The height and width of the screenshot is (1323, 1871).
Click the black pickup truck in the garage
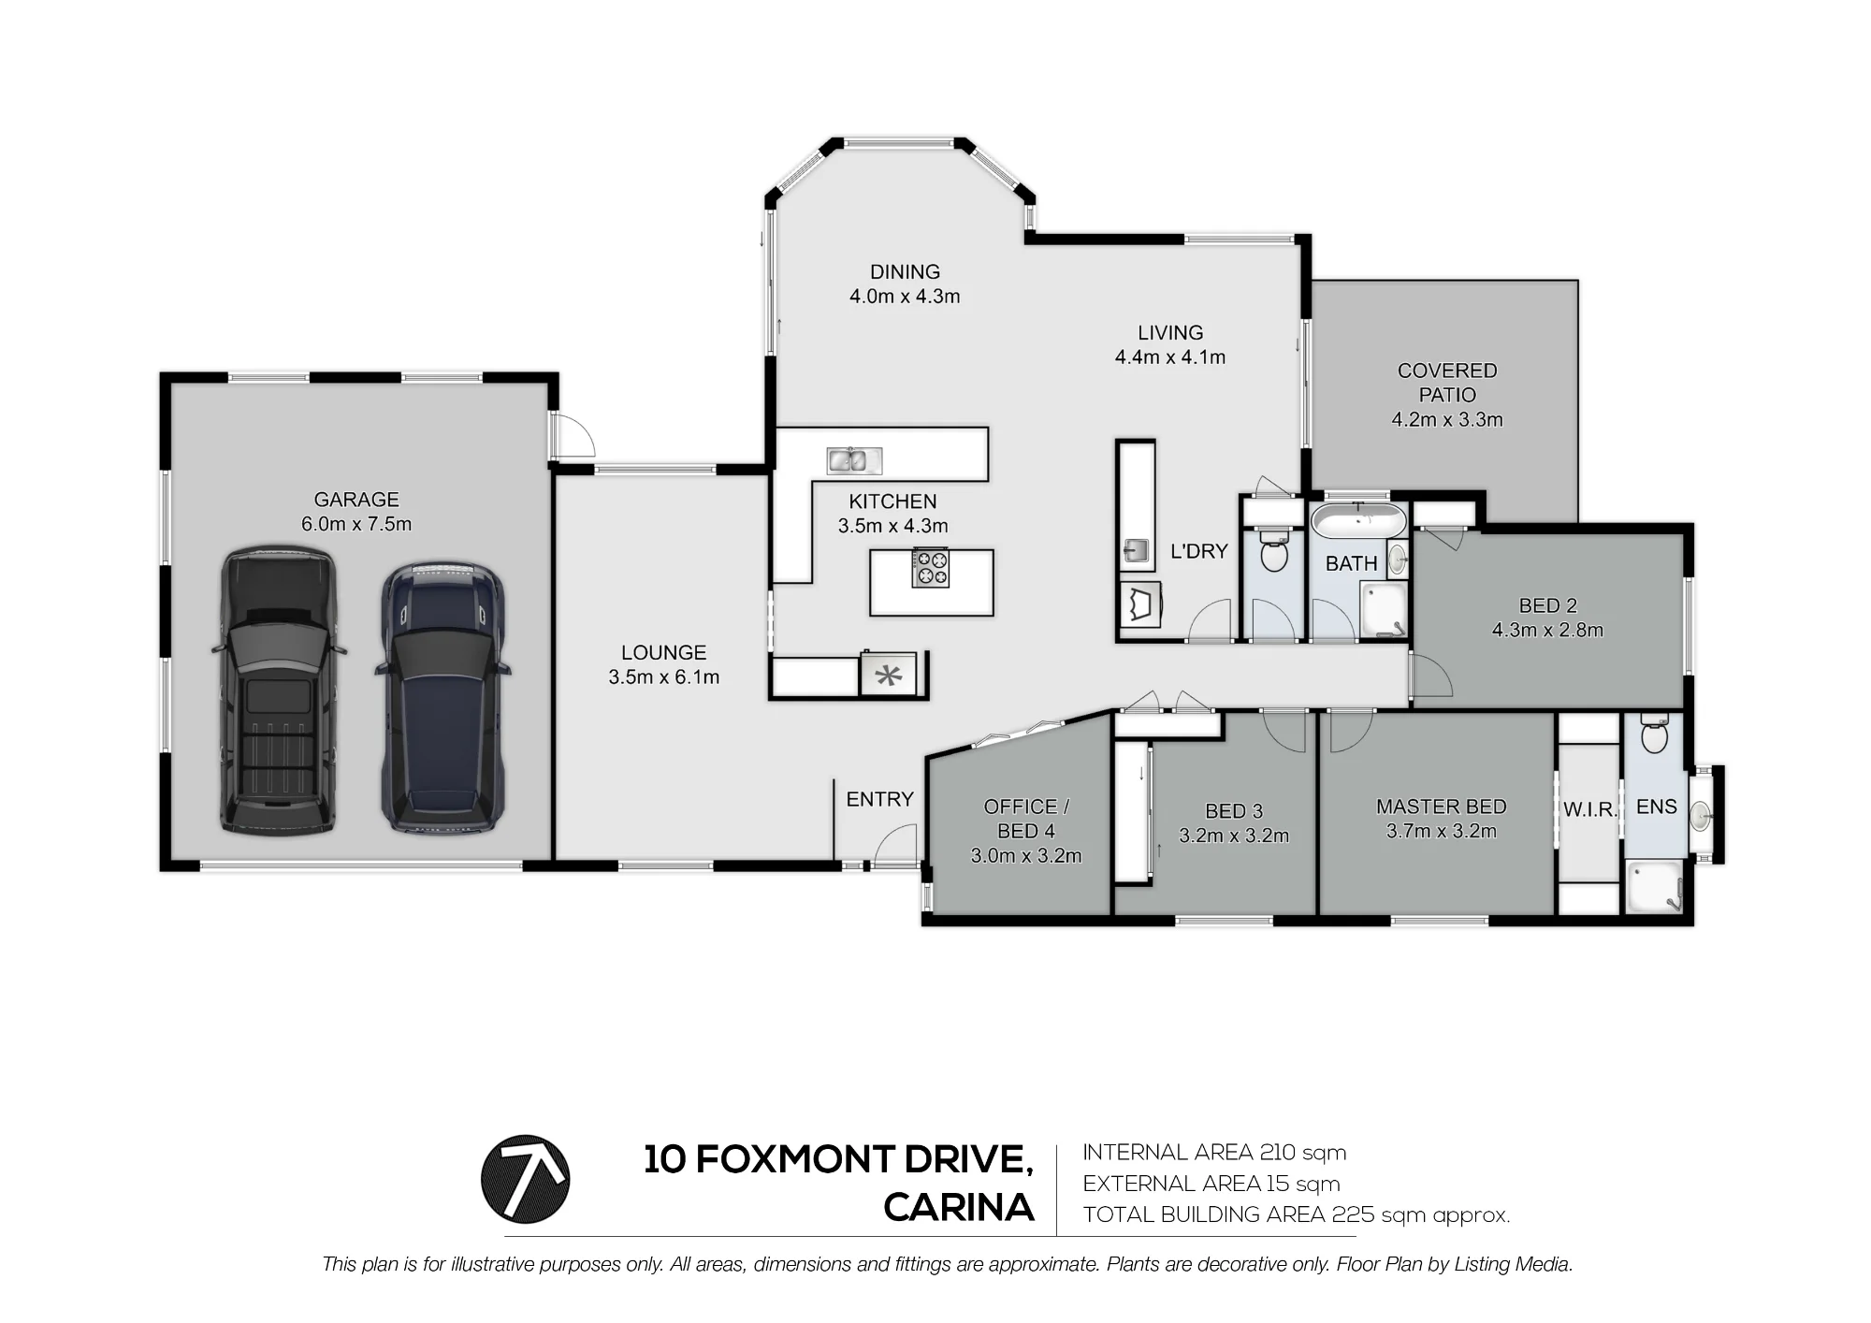point(279,690)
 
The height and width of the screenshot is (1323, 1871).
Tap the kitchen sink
point(854,460)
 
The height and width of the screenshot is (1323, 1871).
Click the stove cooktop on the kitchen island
point(930,568)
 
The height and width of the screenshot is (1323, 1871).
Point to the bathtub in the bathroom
point(1358,519)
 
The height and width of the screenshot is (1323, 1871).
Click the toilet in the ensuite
point(1654,734)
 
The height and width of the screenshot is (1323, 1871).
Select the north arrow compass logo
point(525,1179)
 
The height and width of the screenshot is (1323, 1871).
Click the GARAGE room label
point(356,500)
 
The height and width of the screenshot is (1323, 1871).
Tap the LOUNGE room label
point(664,653)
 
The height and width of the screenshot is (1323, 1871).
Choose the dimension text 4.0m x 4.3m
point(905,297)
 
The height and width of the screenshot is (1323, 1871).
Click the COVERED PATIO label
point(1447,383)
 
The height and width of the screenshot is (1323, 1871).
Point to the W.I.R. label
point(1590,809)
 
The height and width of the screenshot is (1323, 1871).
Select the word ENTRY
point(879,799)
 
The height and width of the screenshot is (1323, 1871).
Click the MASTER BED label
point(1441,807)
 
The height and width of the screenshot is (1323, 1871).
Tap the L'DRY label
point(1198,551)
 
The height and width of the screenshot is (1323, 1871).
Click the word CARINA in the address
point(959,1208)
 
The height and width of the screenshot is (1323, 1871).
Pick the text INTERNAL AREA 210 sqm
point(1214,1153)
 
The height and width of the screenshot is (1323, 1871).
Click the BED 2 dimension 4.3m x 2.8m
point(1547,631)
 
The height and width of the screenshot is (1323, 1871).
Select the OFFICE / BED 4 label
point(1026,819)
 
